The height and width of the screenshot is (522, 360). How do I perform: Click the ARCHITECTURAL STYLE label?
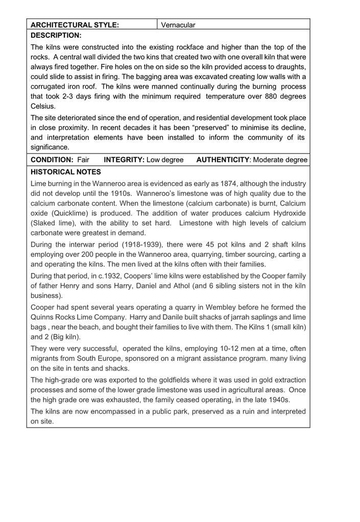75,24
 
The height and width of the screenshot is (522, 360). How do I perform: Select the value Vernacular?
178,24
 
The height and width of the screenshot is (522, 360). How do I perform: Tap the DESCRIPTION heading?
56,35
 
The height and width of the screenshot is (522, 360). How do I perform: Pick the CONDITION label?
53,160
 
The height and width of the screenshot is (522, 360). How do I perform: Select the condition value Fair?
83,160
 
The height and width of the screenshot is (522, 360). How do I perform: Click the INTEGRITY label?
124,160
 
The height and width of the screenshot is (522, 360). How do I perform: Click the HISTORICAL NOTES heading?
66,172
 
